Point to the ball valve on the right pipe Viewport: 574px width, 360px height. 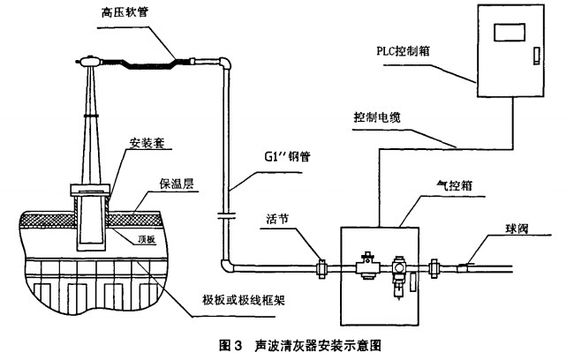[x=465, y=262]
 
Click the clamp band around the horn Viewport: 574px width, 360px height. [x=91, y=116]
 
